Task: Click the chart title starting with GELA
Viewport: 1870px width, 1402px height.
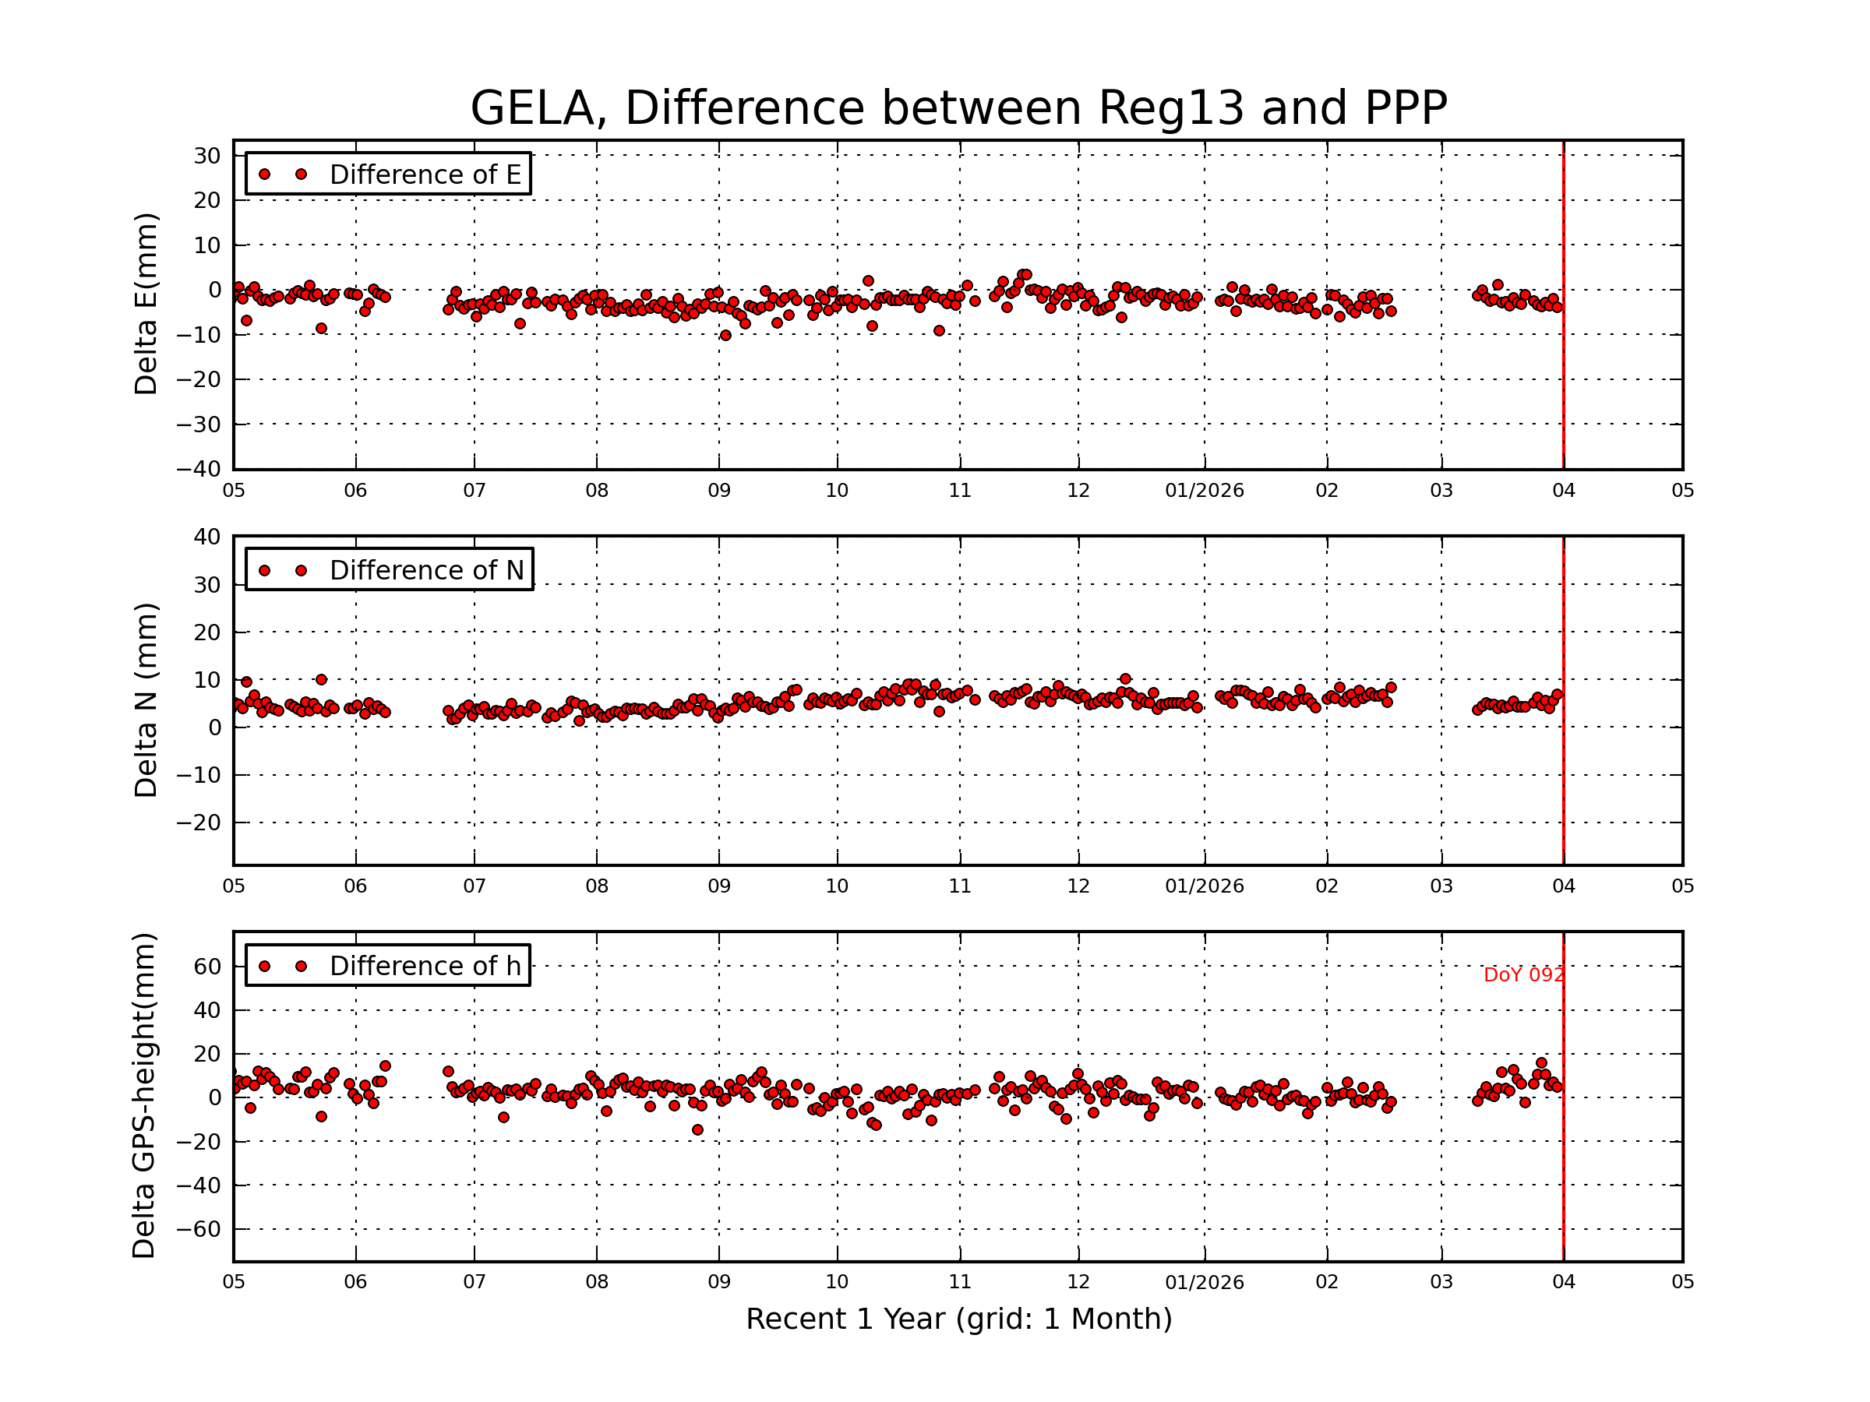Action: (958, 108)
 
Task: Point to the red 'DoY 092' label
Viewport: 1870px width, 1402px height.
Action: (1522, 975)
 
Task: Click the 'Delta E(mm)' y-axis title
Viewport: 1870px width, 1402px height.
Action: (146, 305)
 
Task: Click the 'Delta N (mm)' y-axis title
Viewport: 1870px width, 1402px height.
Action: (146, 699)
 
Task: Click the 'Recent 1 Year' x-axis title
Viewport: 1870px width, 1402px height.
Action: (958, 1319)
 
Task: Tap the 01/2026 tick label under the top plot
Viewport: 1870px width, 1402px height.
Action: (1204, 491)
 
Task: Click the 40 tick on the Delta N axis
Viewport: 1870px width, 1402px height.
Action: (207, 537)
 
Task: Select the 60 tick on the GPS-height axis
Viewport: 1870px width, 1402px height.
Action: (207, 967)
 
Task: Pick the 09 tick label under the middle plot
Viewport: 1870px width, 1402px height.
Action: (718, 886)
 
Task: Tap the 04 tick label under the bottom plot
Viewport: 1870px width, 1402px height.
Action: (1563, 1282)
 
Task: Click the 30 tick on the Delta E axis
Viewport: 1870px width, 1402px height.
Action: (207, 157)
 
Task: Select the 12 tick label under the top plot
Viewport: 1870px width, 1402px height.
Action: (1078, 491)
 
